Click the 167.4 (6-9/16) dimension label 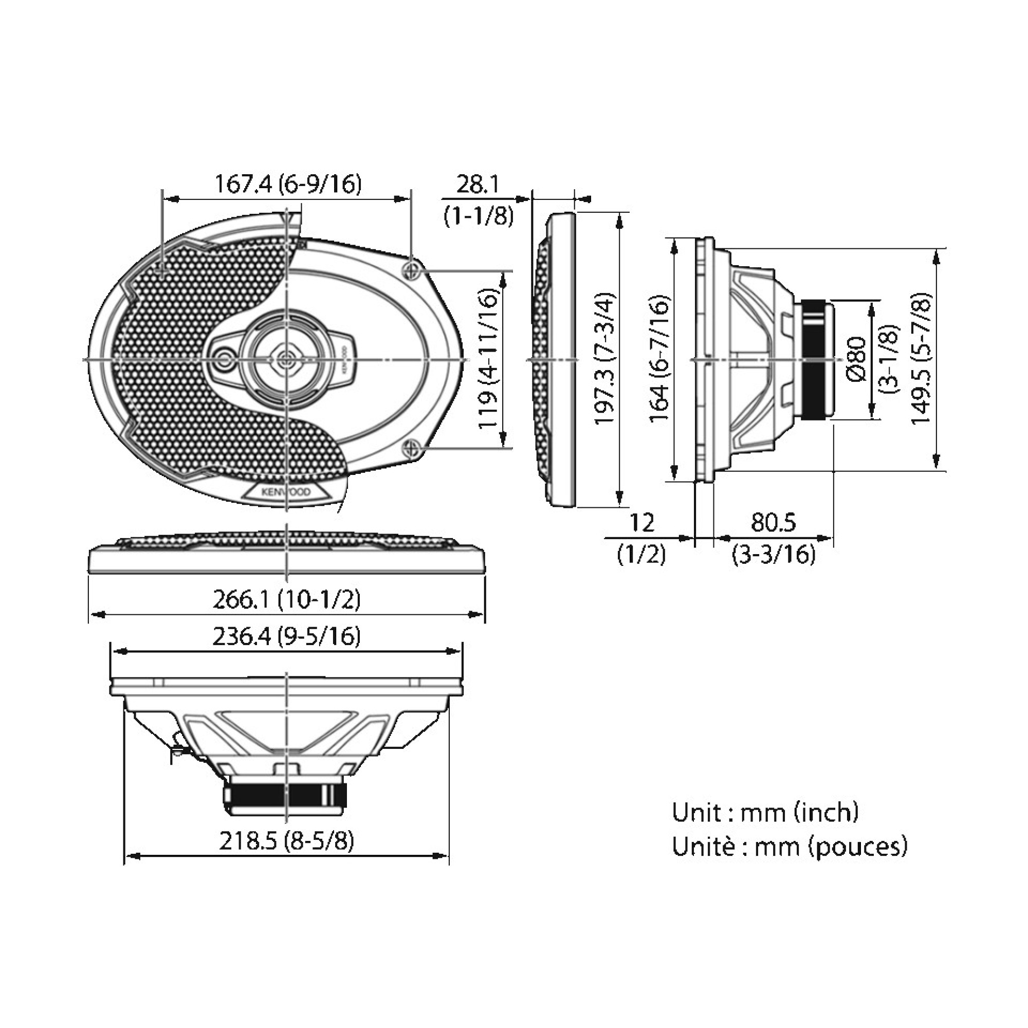click(x=287, y=184)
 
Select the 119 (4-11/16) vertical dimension click(x=488, y=359)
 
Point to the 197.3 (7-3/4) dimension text click(x=605, y=358)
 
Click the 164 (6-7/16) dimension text click(x=660, y=359)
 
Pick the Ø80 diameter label click(x=856, y=360)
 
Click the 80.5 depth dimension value click(x=773, y=523)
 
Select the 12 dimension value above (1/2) click(x=641, y=523)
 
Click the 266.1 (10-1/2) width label click(x=287, y=600)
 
